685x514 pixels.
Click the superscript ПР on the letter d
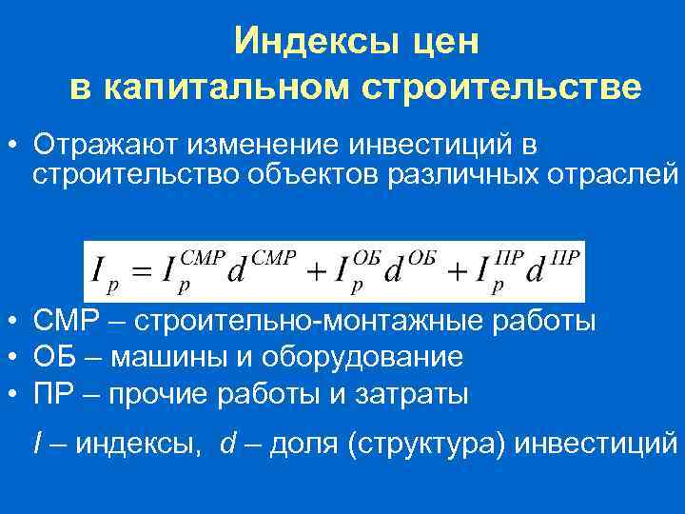565,256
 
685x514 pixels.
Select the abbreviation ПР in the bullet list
52,393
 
